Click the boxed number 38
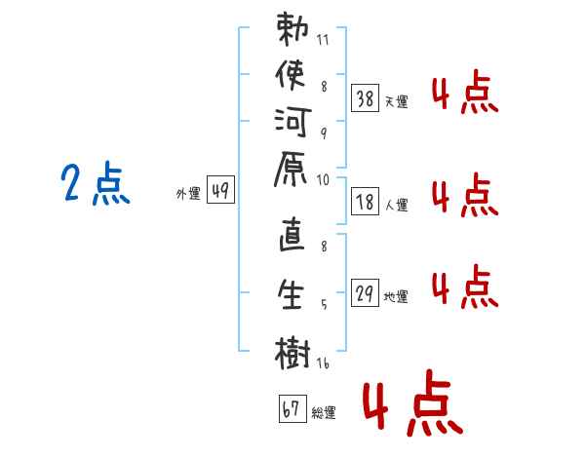coord(366,97)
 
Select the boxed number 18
coord(366,203)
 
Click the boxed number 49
coord(220,191)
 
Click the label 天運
coord(396,100)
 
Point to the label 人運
coord(396,206)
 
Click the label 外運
coord(188,194)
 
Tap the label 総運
coord(324,412)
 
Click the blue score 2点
coord(96,185)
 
